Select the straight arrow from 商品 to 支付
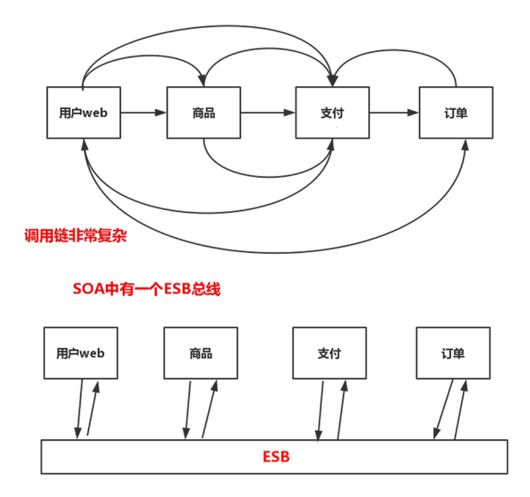pyautogui.click(x=268, y=112)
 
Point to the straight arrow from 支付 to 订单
pyautogui.click(x=394, y=112)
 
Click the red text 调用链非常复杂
pyautogui.click(x=76, y=236)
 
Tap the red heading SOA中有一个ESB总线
pyautogui.click(x=147, y=289)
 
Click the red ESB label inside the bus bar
pyautogui.click(x=276, y=457)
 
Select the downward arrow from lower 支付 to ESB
pyautogui.click(x=321, y=410)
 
